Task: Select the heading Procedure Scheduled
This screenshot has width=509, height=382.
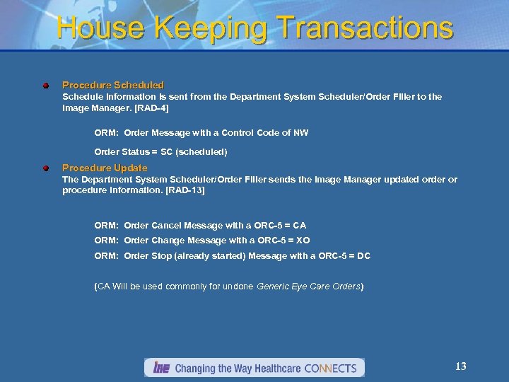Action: point(113,85)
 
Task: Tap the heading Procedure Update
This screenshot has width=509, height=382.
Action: point(105,168)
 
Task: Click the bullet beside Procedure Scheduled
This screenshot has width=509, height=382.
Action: point(45,86)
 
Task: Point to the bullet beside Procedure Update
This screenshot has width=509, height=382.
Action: point(45,168)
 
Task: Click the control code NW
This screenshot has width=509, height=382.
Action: point(301,132)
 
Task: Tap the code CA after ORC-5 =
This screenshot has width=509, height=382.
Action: point(299,226)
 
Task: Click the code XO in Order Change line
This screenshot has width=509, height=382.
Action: point(302,241)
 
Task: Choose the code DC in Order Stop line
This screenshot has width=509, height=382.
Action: point(363,255)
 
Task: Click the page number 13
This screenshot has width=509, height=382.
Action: point(460,366)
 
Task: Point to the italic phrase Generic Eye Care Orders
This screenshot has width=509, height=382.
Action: point(309,286)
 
